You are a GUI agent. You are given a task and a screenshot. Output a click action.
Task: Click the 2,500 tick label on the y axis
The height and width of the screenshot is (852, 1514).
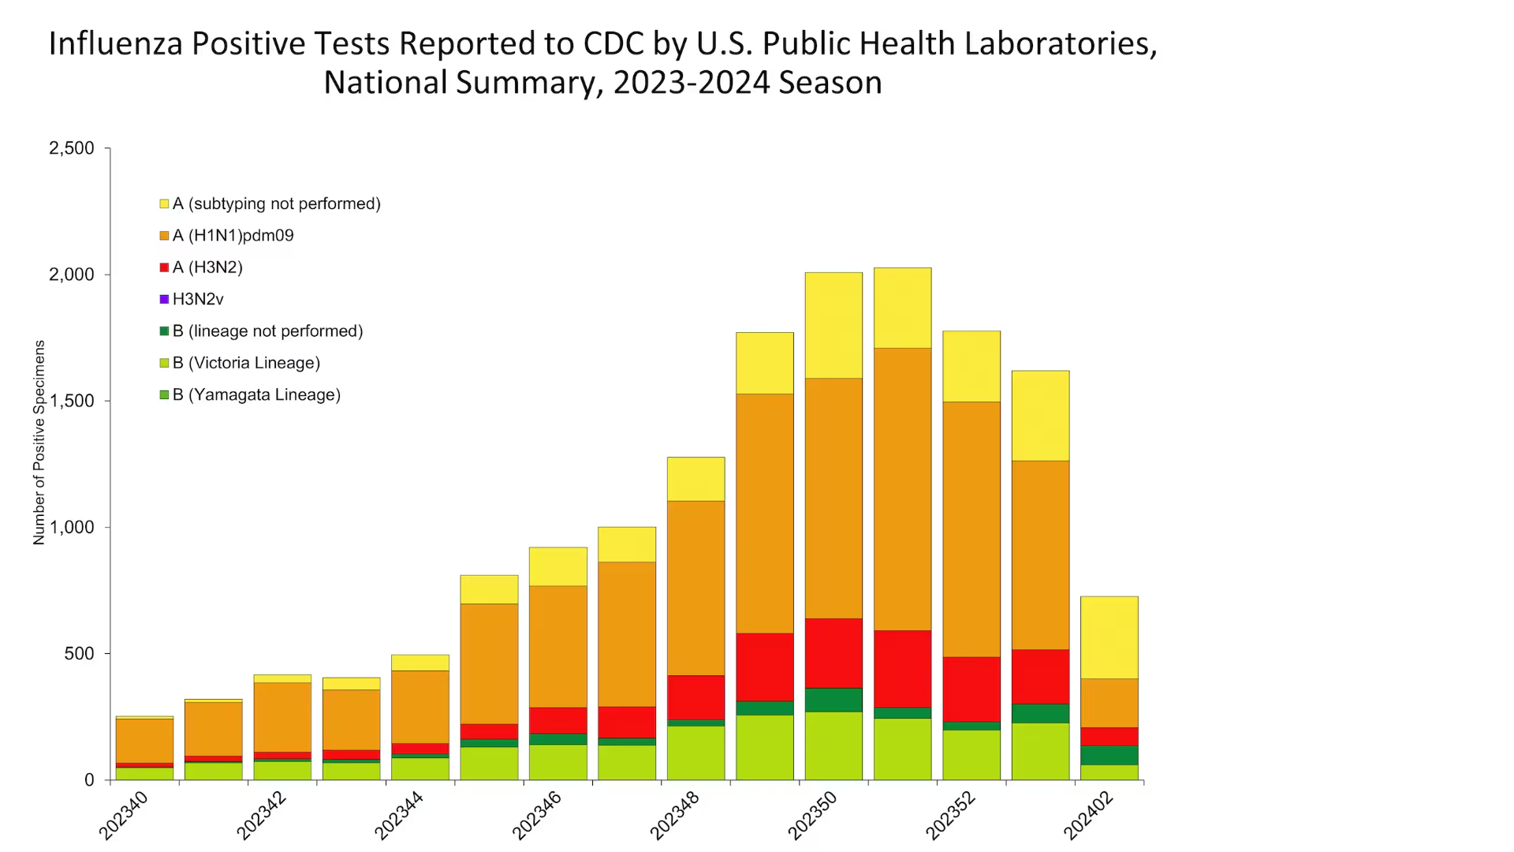coord(71,148)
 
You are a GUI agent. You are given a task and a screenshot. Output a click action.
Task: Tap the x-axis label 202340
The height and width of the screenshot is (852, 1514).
coord(124,815)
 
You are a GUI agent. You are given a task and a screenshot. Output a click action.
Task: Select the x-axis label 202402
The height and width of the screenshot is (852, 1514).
coord(1088,815)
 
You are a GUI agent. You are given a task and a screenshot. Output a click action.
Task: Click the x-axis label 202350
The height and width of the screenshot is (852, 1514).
coord(813,815)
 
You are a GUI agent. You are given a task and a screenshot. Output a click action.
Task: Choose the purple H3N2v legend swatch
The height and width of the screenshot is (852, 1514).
coord(164,299)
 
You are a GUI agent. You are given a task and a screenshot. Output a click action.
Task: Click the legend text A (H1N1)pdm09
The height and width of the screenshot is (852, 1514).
coord(233,236)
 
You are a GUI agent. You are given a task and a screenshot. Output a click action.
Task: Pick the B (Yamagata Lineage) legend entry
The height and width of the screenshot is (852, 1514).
coord(256,394)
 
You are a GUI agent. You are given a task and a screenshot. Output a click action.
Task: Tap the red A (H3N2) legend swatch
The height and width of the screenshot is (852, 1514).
coord(164,267)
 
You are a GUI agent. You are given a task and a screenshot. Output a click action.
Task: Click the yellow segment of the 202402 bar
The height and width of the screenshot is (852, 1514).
coord(1109,637)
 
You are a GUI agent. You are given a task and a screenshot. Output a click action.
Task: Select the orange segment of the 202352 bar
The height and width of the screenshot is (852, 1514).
coord(971,529)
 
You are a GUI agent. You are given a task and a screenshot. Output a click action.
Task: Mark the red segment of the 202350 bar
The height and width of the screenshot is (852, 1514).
coord(833,653)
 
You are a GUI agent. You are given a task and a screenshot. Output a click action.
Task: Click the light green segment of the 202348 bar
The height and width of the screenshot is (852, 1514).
coord(695,753)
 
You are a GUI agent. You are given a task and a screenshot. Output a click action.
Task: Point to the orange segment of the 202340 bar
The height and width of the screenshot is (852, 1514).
coord(144,741)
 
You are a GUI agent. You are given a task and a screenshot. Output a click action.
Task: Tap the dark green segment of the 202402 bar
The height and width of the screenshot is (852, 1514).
coord(1109,755)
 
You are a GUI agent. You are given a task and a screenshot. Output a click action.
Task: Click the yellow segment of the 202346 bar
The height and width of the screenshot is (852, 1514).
coord(557,566)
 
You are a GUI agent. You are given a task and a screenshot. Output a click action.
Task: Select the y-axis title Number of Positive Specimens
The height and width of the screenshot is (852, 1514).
coord(39,443)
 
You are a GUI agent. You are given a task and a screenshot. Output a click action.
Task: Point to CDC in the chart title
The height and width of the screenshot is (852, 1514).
coord(613,44)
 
